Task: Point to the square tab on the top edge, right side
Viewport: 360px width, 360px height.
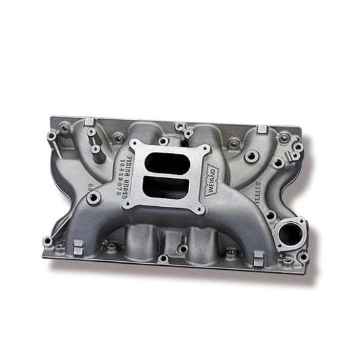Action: pyautogui.click(x=261, y=128)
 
